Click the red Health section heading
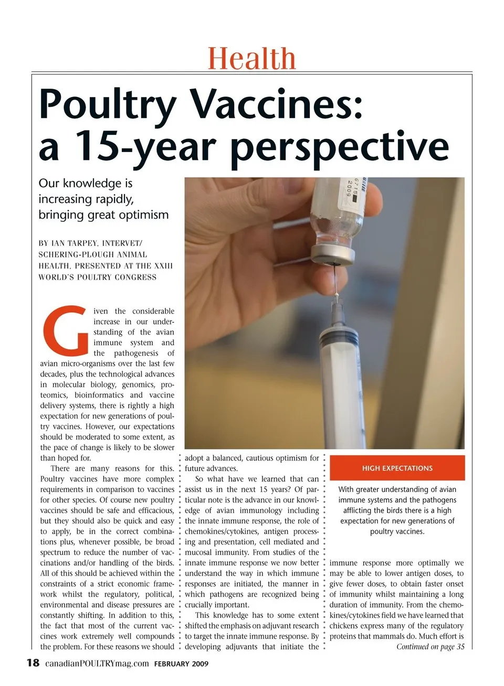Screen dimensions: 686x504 coord(251,58)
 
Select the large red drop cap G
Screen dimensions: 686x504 coord(66,329)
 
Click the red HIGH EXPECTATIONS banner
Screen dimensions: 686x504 coord(397,468)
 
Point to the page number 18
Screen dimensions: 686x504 coord(33,662)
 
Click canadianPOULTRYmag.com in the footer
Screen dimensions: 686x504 coord(97,663)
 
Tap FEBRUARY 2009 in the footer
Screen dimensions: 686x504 coord(181,664)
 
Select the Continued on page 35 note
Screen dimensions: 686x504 coord(430,647)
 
